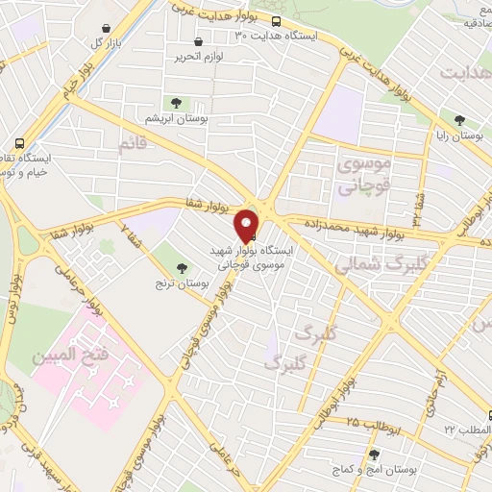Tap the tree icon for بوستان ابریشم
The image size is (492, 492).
click(x=176, y=103)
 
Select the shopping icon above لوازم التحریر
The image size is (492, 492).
click(x=199, y=42)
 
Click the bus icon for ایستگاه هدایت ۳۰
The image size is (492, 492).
click(x=277, y=21)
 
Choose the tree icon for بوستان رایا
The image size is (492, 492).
click(x=461, y=120)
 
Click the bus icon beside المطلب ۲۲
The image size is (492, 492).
click(x=489, y=416)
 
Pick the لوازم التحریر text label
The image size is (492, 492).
click(x=199, y=58)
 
